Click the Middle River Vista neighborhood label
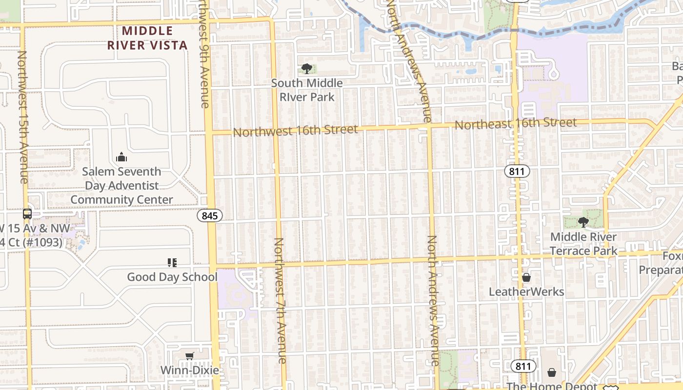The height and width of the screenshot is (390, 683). point(147,38)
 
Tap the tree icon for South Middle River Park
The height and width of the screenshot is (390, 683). point(306,68)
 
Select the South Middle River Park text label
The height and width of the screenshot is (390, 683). point(307,90)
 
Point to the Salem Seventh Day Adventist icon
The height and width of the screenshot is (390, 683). point(121,157)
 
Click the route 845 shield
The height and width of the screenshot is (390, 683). point(210,215)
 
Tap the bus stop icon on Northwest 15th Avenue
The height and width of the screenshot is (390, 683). point(27,214)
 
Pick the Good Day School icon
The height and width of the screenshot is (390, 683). point(172,263)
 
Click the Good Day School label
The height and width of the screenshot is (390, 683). point(172,277)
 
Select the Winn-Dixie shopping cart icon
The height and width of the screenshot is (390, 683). point(189,356)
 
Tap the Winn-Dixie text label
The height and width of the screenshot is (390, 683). point(190,370)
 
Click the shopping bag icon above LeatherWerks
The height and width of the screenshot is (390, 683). point(526,277)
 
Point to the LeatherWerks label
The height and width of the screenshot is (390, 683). point(526,292)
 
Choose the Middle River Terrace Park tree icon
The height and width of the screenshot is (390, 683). point(583,222)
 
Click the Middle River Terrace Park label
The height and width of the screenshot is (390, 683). point(583,244)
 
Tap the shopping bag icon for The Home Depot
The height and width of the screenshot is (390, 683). point(552,372)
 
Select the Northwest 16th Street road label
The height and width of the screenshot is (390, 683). point(295,131)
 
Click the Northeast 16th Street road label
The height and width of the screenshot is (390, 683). point(516,123)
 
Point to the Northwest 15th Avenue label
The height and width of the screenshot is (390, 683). point(23,117)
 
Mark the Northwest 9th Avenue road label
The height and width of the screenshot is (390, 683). point(204,54)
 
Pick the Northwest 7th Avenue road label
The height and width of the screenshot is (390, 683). point(280,301)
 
